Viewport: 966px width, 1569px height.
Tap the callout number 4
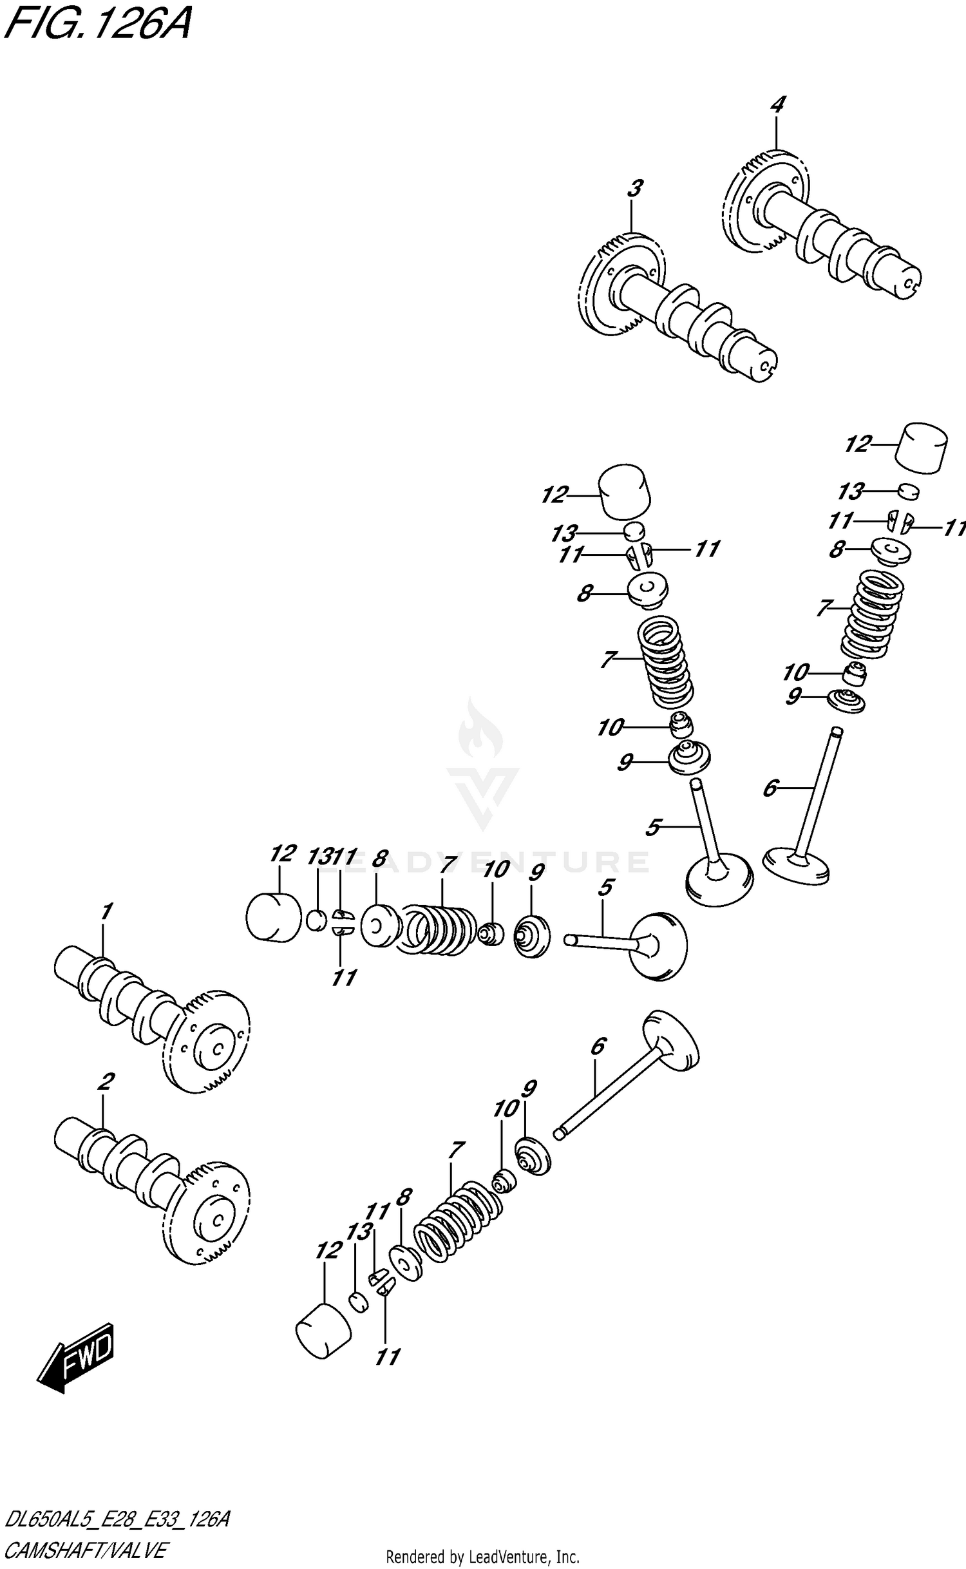777,104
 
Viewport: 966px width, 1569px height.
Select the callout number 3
634,189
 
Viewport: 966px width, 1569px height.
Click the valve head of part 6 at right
796,866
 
